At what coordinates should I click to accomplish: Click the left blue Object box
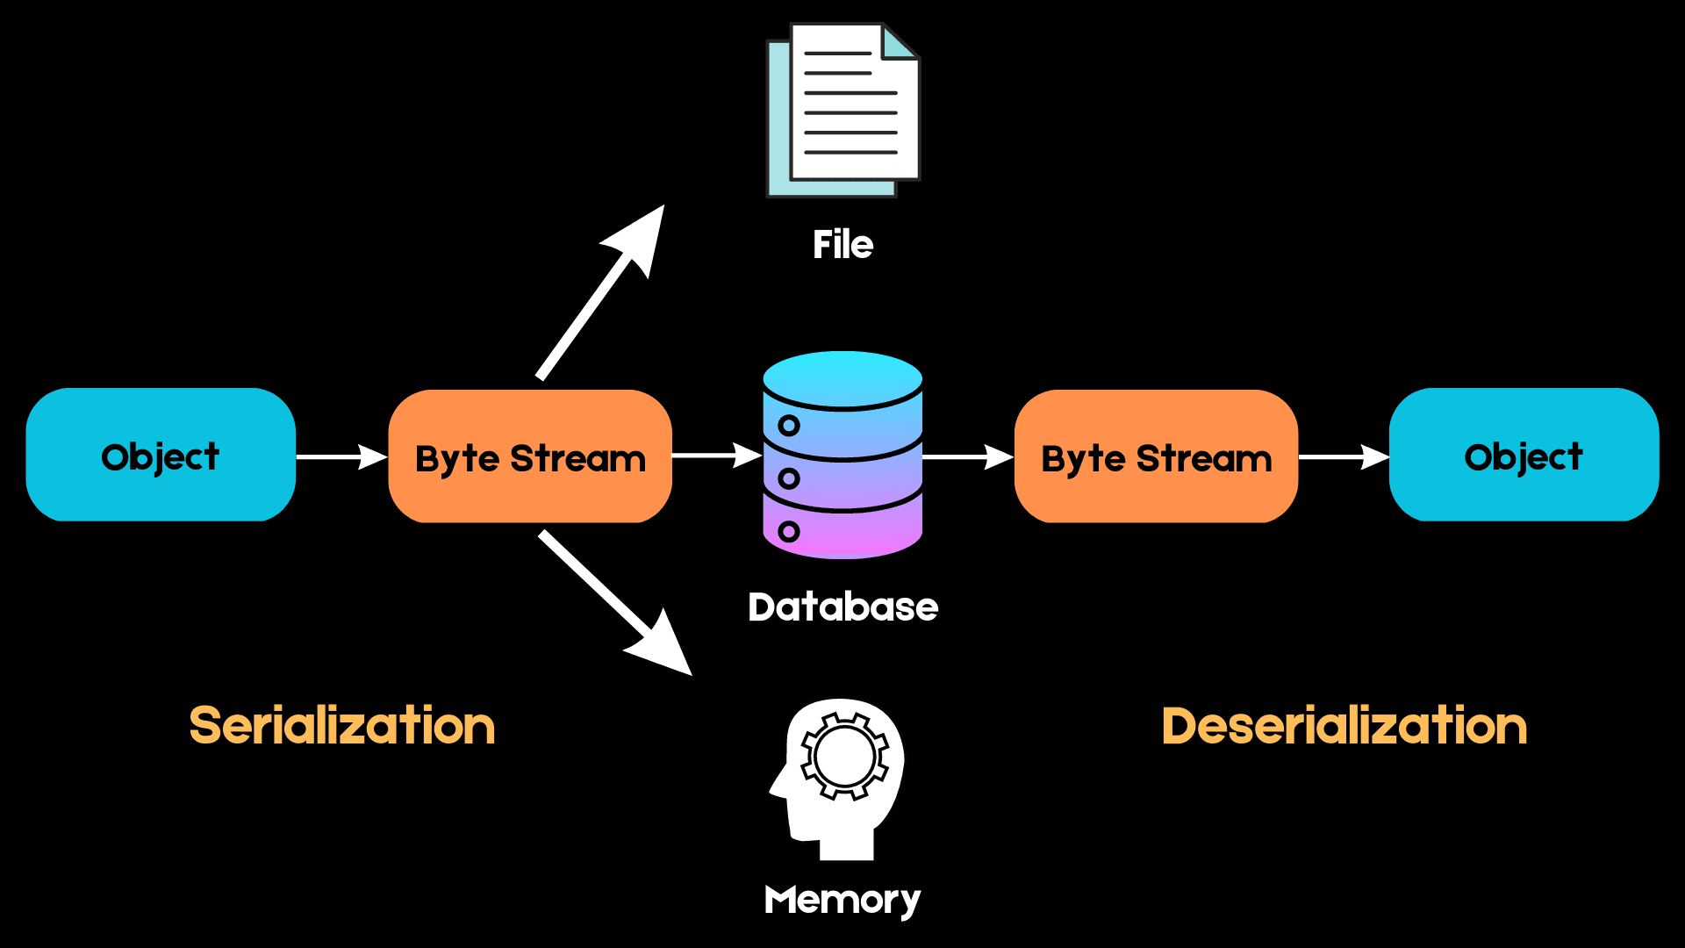click(x=161, y=455)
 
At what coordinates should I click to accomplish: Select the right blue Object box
click(x=1524, y=455)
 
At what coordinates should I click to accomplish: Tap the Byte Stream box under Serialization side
click(x=530, y=456)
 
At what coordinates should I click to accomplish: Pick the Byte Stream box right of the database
click(x=1156, y=456)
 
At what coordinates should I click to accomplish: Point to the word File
click(x=842, y=245)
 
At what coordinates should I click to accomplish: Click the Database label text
click(x=842, y=607)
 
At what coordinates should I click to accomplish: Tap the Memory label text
click(x=842, y=900)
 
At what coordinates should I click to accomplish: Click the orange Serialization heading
click(x=342, y=726)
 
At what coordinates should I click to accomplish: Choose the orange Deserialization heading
click(x=1344, y=726)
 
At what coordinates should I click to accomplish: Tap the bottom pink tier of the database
click(x=842, y=531)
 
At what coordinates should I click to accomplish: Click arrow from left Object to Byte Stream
click(x=342, y=456)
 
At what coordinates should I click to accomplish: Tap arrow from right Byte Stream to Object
click(x=1344, y=456)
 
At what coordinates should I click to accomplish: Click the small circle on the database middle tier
click(x=789, y=478)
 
